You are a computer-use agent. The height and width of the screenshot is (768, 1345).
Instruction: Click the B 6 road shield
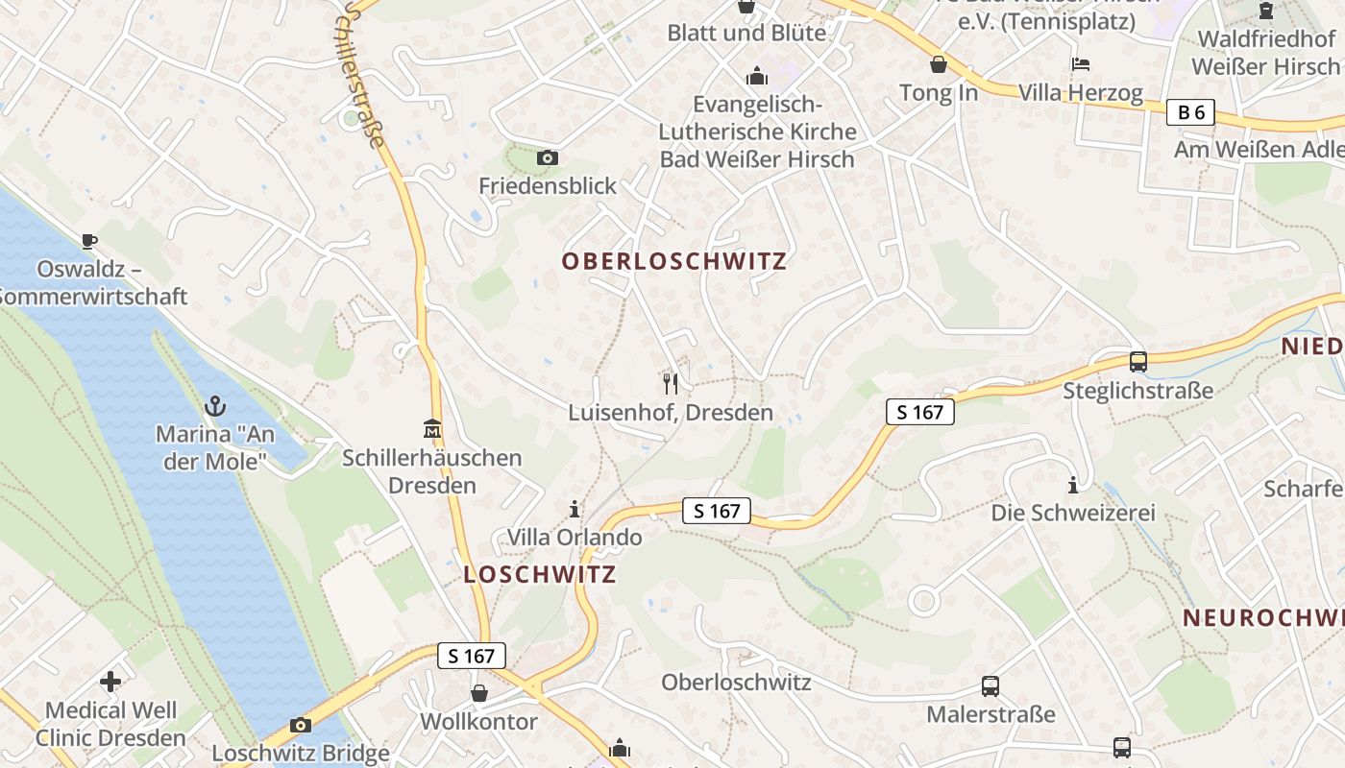(1191, 112)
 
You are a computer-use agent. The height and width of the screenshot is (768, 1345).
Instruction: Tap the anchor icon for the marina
(215, 405)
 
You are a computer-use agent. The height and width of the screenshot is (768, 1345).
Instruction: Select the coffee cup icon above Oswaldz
(89, 241)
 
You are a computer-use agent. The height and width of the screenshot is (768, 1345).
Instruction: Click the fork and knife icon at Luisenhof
(671, 384)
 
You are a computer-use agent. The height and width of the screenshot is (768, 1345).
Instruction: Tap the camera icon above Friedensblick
(548, 157)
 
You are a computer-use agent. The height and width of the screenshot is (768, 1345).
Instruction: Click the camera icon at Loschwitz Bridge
(301, 725)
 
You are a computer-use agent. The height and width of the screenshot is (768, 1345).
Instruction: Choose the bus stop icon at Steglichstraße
(1138, 362)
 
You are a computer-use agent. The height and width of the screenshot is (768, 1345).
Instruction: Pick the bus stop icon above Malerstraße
(990, 686)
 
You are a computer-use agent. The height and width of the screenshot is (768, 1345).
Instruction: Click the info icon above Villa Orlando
(575, 508)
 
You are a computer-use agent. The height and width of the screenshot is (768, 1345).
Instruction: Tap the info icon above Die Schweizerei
(1073, 484)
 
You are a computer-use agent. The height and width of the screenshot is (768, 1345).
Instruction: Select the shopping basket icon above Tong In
(939, 64)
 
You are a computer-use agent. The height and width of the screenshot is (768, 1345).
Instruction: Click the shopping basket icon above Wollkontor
(479, 692)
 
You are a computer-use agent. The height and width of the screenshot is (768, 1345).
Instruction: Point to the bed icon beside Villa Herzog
(1081, 64)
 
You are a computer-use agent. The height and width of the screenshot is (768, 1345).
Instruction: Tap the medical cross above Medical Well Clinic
(110, 682)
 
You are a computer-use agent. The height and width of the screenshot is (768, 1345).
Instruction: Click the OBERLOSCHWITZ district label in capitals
(674, 261)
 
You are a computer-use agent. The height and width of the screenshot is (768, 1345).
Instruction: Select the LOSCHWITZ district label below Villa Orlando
(540, 575)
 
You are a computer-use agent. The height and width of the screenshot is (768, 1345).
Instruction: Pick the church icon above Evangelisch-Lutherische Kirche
(757, 76)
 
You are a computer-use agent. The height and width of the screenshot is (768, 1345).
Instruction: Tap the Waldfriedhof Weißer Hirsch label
(1265, 53)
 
